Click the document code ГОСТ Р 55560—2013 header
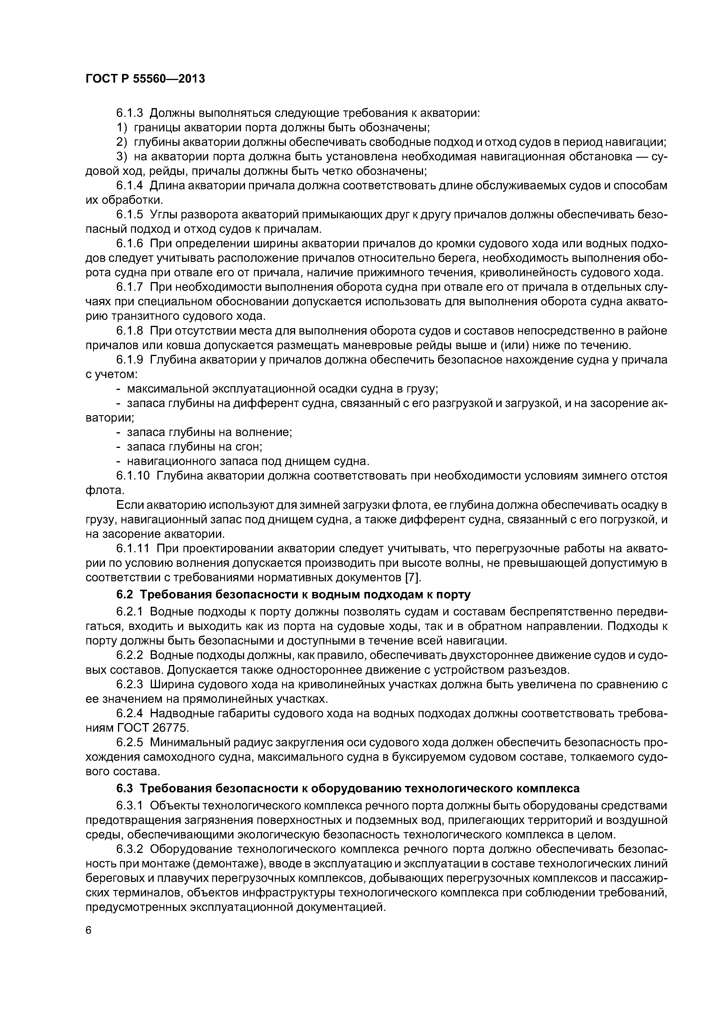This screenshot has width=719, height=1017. click(x=145, y=79)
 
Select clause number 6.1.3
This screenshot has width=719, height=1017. click(x=130, y=113)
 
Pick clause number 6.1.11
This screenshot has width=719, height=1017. click(x=133, y=549)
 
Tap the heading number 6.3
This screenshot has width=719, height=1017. click(x=124, y=789)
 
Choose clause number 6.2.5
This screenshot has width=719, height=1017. click(x=130, y=742)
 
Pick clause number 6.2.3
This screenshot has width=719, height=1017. click(x=130, y=685)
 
